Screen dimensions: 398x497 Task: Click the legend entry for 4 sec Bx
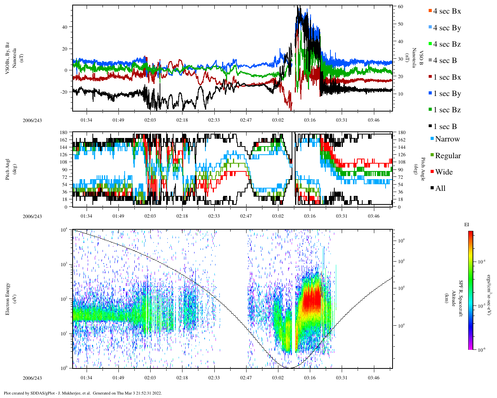(x=447, y=11)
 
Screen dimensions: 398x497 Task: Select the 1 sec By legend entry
(x=447, y=94)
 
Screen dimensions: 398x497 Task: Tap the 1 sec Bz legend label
(x=447, y=110)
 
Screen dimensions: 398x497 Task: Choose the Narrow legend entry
(x=447, y=139)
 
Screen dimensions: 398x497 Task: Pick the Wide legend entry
(x=443, y=172)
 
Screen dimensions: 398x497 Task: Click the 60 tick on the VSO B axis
(x=400, y=7)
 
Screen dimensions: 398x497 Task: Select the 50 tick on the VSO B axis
(x=400, y=24)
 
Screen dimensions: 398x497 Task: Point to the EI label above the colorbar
(x=467, y=225)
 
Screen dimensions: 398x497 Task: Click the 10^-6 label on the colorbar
(x=481, y=350)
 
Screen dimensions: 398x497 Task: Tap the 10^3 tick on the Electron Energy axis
(x=64, y=264)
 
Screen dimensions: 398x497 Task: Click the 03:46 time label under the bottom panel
(x=374, y=378)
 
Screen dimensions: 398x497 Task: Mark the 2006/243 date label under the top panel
(x=32, y=120)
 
